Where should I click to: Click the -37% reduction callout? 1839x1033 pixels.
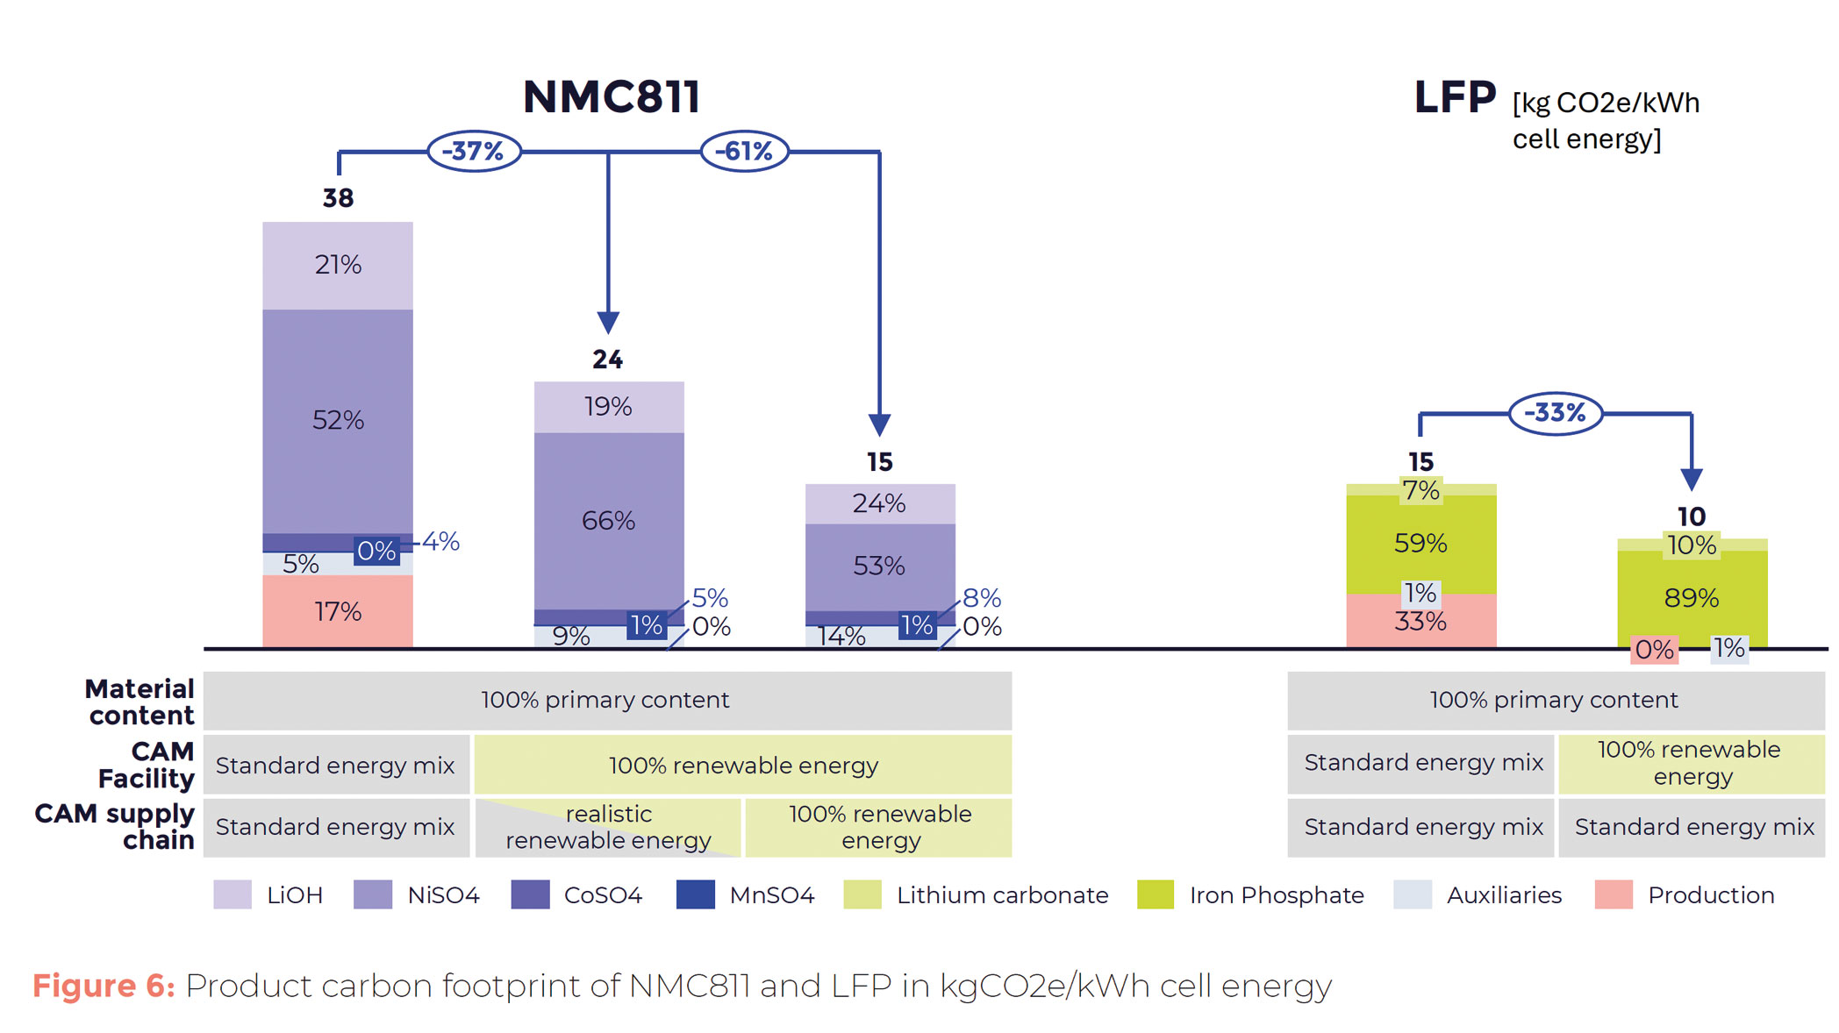click(474, 151)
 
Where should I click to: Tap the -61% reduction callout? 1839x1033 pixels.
click(744, 151)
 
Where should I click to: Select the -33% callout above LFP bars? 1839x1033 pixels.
click(1555, 412)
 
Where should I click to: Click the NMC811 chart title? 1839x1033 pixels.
click(612, 96)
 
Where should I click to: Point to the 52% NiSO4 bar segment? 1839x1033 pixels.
click(338, 420)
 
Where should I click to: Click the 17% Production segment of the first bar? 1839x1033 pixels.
click(338, 611)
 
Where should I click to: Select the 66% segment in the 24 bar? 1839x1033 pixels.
click(608, 520)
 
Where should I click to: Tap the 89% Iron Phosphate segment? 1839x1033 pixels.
click(1692, 598)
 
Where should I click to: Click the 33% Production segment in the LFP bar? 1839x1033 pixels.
click(1420, 622)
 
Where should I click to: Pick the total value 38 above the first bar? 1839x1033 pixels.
click(338, 198)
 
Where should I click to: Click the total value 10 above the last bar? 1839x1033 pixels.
click(1692, 516)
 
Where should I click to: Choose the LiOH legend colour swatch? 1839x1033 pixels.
click(233, 894)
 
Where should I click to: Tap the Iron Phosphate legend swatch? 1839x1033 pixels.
click(1155, 894)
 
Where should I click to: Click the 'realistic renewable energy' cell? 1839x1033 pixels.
click(608, 827)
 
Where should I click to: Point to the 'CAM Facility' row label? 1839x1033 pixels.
click(146, 765)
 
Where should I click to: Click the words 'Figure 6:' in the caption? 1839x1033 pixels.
click(104, 986)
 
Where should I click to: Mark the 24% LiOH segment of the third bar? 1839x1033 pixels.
click(879, 503)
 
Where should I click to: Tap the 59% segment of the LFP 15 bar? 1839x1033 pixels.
click(1420, 544)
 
